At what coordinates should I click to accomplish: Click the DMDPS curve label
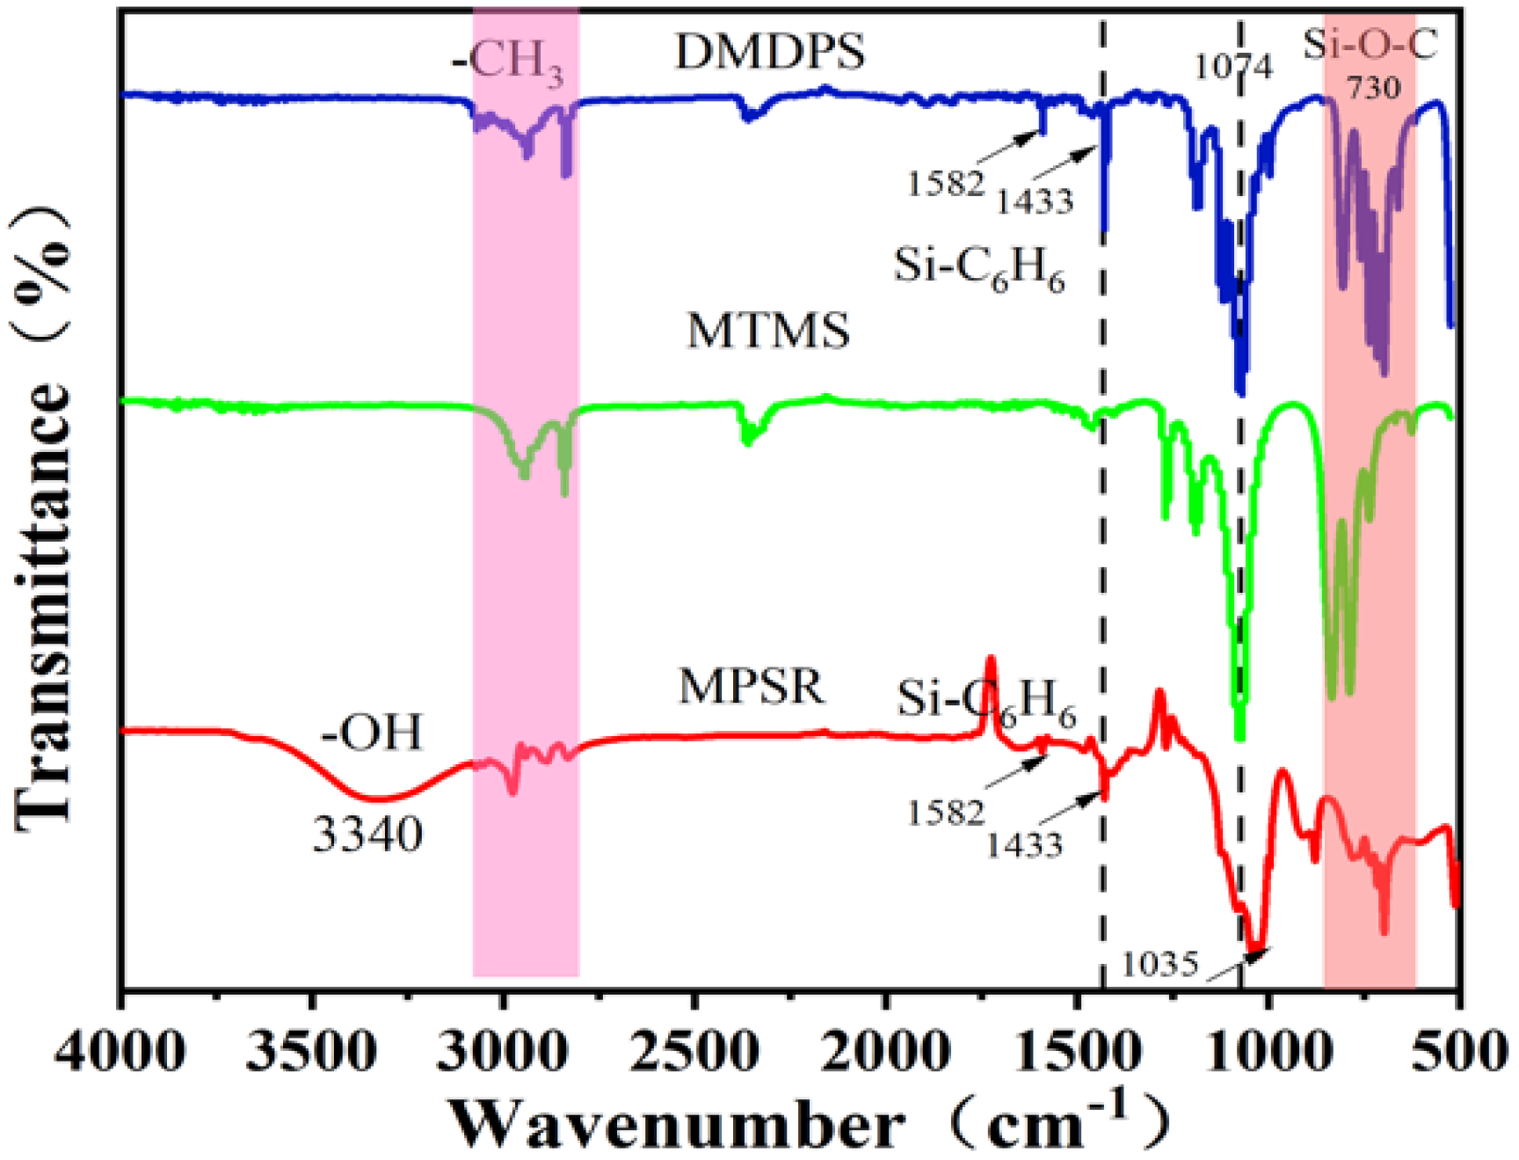click(769, 53)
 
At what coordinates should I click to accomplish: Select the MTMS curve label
click(767, 332)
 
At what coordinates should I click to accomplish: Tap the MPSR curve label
click(752, 686)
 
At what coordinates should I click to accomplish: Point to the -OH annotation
click(372, 732)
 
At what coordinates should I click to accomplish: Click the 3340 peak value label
click(367, 834)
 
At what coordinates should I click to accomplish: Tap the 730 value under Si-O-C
click(1373, 87)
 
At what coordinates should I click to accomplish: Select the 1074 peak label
click(1233, 67)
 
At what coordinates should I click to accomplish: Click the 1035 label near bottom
click(1159, 965)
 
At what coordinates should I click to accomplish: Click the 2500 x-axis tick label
click(694, 1052)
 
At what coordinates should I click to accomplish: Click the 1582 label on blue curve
click(945, 184)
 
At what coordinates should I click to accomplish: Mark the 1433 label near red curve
click(1024, 845)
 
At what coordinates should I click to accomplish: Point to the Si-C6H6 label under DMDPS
click(979, 266)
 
